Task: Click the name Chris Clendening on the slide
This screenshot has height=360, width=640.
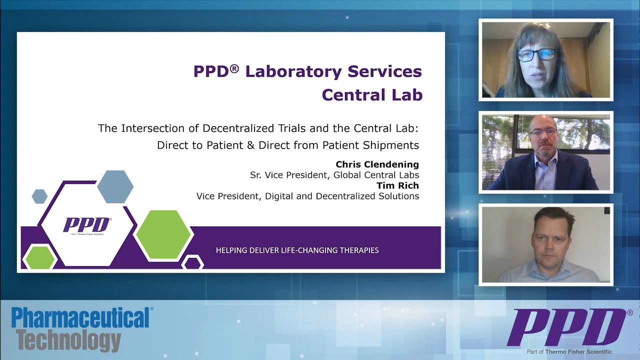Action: [377, 164]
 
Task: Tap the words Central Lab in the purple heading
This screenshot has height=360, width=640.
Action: [371, 94]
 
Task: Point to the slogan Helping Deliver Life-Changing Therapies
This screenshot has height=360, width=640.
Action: [297, 250]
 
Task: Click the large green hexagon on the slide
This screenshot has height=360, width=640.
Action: [163, 234]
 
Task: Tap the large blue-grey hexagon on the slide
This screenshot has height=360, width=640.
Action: [115, 186]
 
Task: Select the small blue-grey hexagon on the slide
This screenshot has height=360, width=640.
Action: [39, 196]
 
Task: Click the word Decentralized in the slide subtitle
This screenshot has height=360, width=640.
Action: [233, 128]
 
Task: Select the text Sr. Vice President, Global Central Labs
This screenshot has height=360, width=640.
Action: [334, 175]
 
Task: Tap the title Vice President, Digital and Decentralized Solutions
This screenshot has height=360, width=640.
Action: [307, 196]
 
